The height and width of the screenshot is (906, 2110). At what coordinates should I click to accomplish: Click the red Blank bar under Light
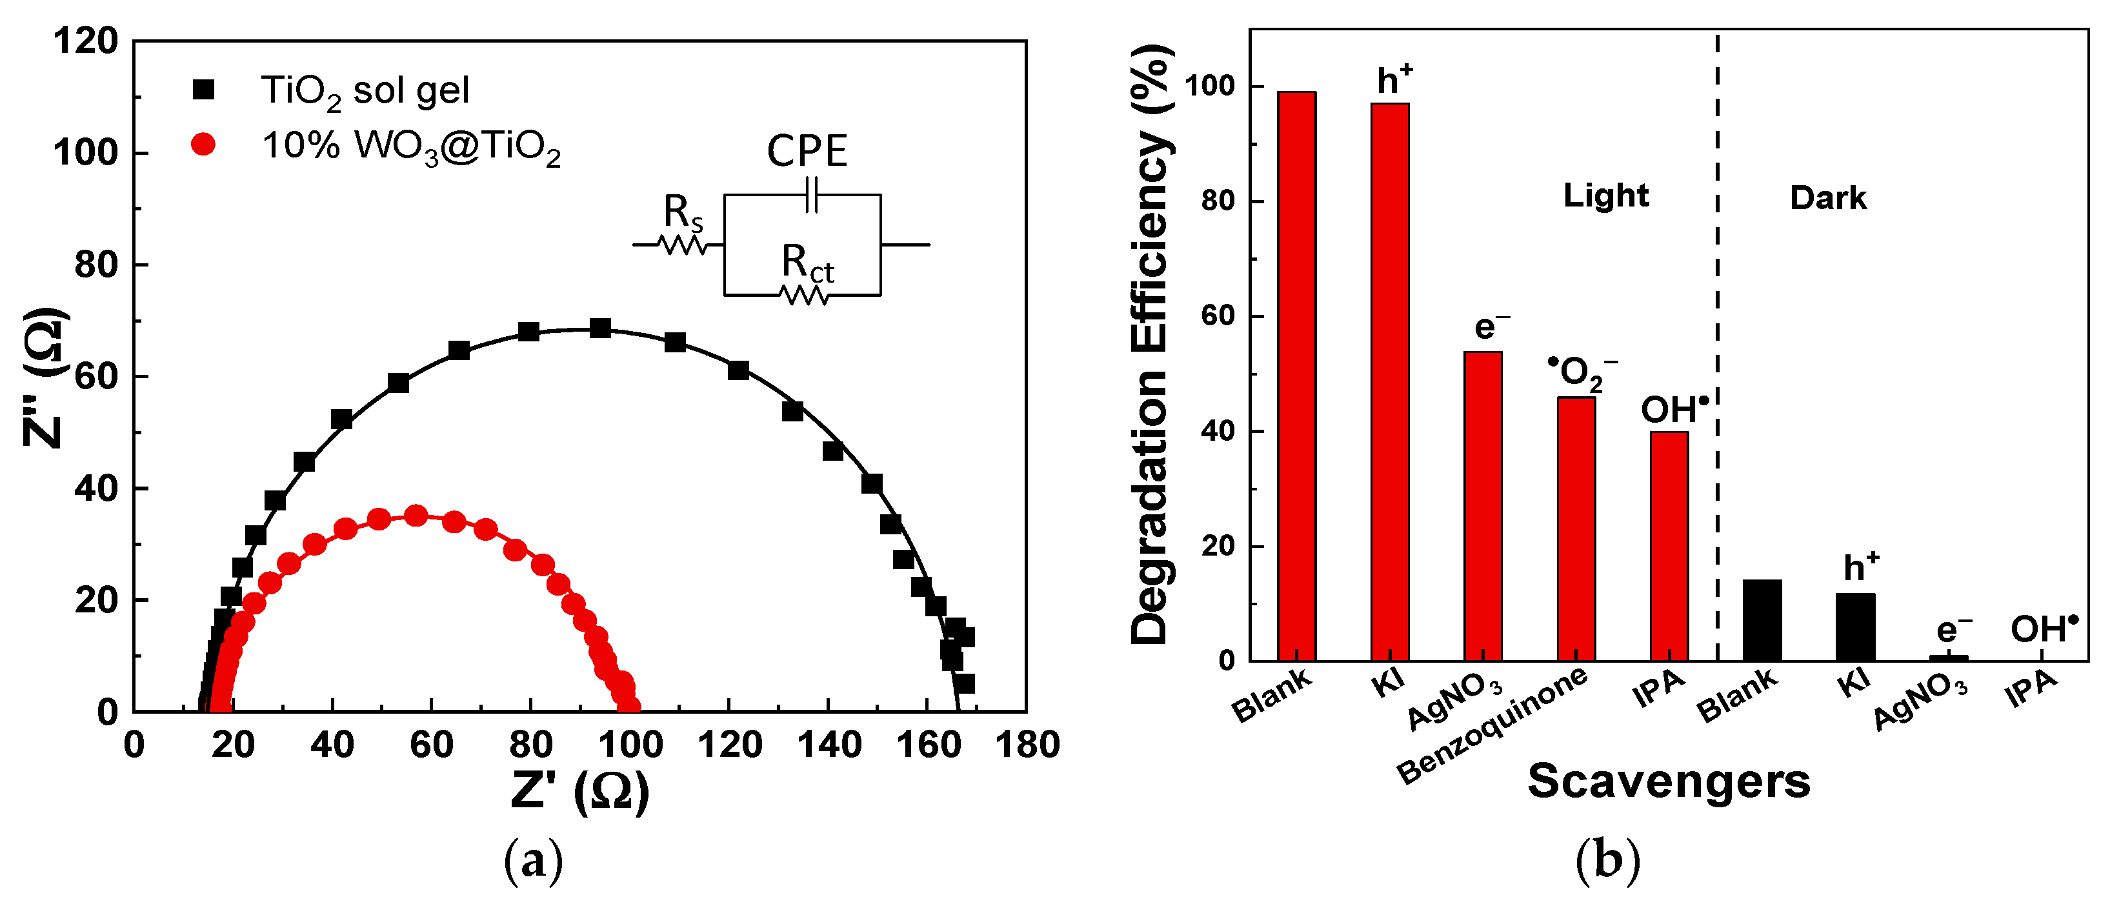click(x=1296, y=376)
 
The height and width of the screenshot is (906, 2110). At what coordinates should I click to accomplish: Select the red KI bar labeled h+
click(x=1390, y=382)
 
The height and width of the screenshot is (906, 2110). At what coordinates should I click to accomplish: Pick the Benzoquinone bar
click(x=1576, y=529)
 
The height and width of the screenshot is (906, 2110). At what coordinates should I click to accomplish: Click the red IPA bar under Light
click(x=1669, y=547)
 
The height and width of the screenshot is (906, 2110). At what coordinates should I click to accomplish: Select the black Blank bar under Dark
click(x=1762, y=620)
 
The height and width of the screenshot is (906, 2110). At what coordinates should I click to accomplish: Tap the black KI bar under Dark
click(x=1855, y=627)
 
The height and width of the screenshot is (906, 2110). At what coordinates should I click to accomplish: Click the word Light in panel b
click(x=1605, y=196)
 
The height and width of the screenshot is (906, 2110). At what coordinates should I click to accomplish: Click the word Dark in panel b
click(x=1827, y=198)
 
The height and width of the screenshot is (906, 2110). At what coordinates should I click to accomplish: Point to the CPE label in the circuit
click(x=807, y=152)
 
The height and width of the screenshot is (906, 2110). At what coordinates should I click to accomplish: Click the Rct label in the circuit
click(x=807, y=264)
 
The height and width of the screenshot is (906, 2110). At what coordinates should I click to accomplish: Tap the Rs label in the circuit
click(x=682, y=213)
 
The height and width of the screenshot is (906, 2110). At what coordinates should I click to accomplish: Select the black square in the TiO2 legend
click(x=203, y=89)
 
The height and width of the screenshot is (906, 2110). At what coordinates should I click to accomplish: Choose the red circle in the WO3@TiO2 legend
click(x=203, y=145)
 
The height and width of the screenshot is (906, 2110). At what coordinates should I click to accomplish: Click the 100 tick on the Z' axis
click(x=630, y=745)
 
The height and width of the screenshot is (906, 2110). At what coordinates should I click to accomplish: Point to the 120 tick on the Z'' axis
click(x=86, y=41)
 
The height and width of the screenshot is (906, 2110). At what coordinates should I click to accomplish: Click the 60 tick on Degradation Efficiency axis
click(x=1218, y=316)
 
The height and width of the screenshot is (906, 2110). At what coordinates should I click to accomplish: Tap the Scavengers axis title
click(x=1669, y=781)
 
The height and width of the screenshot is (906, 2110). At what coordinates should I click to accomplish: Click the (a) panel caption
click(x=533, y=861)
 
